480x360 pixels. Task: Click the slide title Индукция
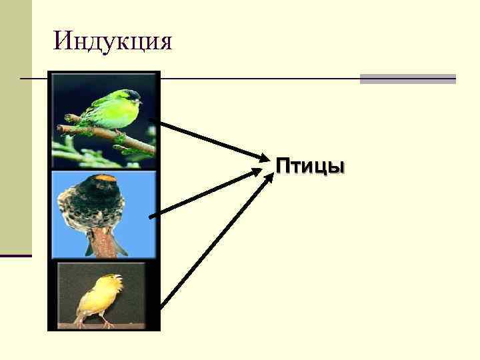point(113,41)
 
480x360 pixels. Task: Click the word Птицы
point(311,165)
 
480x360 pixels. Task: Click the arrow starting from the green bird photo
point(207,140)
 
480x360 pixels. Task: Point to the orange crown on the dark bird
point(105,178)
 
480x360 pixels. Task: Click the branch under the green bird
point(100,134)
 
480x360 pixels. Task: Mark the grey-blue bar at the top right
point(407,79)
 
